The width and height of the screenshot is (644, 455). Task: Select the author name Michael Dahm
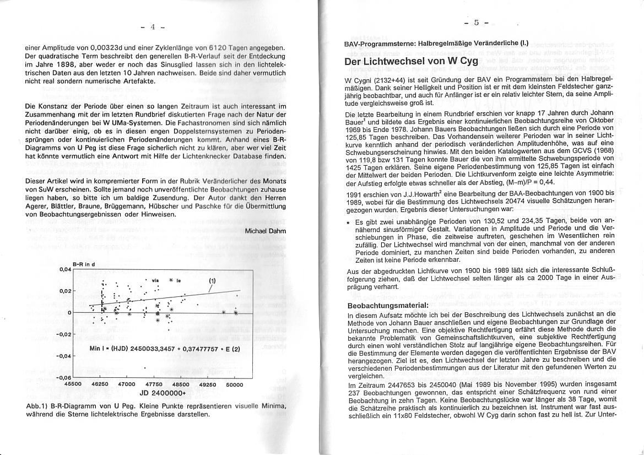pyautogui.click(x=266, y=231)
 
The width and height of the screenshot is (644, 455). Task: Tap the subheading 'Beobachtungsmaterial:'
pyautogui.click(x=387, y=305)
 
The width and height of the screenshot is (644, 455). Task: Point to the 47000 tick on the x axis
pyautogui.click(x=127, y=384)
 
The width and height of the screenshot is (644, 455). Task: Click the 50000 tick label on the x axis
pyautogui.click(x=235, y=384)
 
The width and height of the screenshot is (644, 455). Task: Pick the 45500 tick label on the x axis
pyautogui.click(x=73, y=384)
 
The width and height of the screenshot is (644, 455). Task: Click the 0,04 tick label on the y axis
pyautogui.click(x=65, y=269)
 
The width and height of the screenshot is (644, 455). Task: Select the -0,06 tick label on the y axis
pyautogui.click(x=64, y=377)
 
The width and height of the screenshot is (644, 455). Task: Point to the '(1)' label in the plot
pyautogui.click(x=212, y=280)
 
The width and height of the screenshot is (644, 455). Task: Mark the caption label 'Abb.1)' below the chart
pyautogui.click(x=37, y=405)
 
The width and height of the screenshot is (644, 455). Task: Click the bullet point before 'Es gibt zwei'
pyautogui.click(x=350, y=221)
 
